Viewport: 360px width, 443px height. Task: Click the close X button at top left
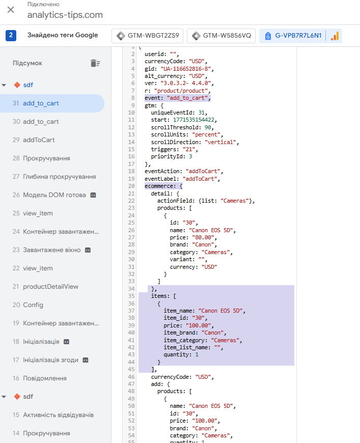[x=11, y=10]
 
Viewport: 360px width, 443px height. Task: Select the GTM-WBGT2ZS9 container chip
[x=148, y=36]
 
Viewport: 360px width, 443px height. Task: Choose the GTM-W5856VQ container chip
[x=221, y=36]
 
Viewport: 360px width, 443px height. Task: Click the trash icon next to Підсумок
[x=95, y=63]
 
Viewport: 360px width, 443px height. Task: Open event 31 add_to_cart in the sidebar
[x=41, y=103]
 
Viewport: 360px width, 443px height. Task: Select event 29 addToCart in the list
[x=39, y=140]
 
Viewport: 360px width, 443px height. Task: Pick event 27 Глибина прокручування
[x=59, y=177]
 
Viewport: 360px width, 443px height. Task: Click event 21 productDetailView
[x=50, y=287]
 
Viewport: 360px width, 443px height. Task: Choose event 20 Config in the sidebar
[x=33, y=305]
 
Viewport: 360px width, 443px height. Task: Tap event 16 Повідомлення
[x=45, y=378]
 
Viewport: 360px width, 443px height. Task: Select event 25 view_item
[x=38, y=213]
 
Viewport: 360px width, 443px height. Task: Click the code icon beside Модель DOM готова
[x=93, y=195]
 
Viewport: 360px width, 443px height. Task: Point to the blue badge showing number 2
[x=11, y=36]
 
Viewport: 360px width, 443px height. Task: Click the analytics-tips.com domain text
[x=65, y=15]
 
